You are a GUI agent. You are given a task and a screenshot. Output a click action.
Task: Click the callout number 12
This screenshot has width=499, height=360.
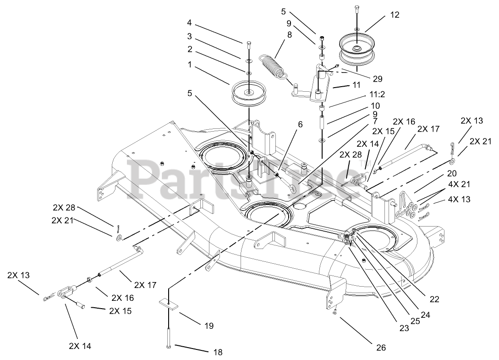(x=395, y=15)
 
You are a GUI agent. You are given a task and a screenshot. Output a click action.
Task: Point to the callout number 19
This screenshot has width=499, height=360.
(x=209, y=326)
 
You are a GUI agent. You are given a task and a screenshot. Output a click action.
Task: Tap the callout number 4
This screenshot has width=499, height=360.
(x=189, y=22)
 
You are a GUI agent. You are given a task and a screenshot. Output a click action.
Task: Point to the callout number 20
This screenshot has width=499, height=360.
(x=452, y=174)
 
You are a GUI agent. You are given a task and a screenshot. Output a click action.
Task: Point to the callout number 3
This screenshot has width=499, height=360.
(x=189, y=36)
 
